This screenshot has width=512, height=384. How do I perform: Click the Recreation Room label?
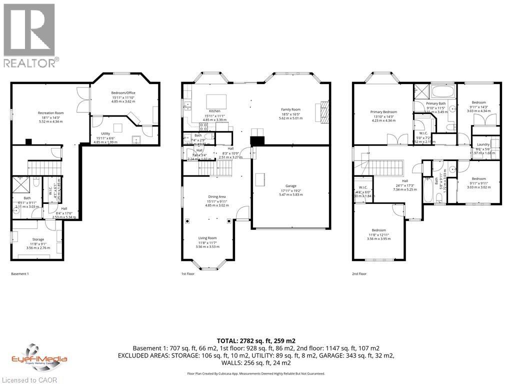pos(50,113)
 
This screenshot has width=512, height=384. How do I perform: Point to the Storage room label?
pos(38,239)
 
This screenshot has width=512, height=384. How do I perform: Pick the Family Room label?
pos(290,109)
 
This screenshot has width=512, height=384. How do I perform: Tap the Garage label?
pos(290,185)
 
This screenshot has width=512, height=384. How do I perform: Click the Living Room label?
pos(208,238)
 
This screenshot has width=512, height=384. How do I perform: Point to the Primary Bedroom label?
pos(383,112)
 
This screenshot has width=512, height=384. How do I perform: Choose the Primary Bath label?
pos(435,103)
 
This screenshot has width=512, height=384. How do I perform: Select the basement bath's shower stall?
pos(21,184)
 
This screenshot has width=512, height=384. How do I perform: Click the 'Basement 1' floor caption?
pos(20,274)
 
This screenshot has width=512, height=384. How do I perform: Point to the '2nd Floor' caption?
pos(359,274)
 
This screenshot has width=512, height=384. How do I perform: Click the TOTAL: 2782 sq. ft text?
pos(256,340)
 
